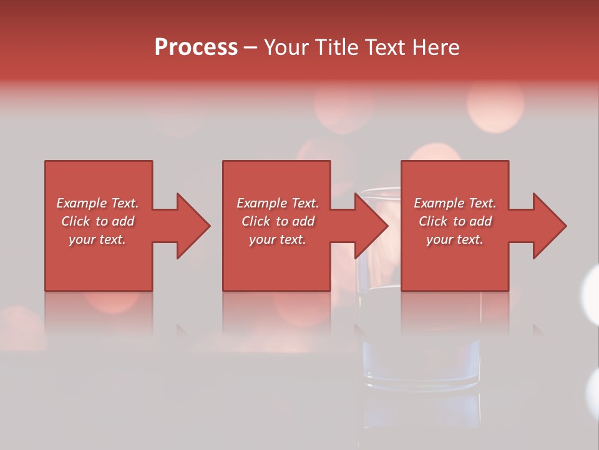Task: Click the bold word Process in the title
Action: point(196,47)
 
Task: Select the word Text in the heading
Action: point(384,47)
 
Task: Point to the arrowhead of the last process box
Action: point(549,226)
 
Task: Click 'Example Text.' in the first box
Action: point(97,203)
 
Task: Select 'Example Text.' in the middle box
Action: point(278,203)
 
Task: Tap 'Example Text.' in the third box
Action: point(455,203)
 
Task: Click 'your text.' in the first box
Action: point(97,239)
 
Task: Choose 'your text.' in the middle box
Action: point(278,239)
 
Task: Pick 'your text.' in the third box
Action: point(455,239)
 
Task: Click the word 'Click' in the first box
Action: point(76,221)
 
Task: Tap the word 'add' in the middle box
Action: point(303,221)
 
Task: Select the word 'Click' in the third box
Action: point(434,221)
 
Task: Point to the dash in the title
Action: point(250,47)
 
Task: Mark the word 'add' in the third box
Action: point(480,221)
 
